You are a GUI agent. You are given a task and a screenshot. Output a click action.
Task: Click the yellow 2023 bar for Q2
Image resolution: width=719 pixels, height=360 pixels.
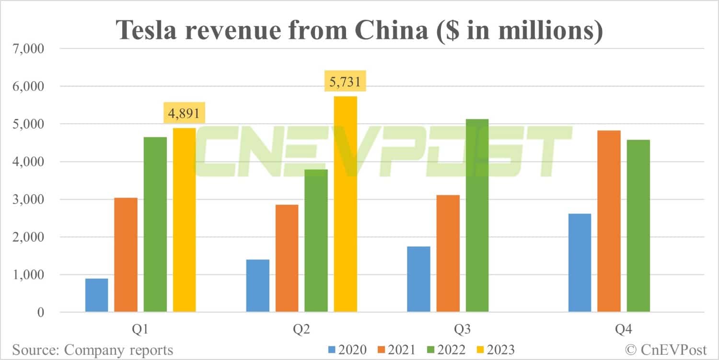[345, 204]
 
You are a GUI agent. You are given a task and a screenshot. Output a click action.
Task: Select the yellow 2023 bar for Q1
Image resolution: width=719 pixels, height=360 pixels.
[184, 220]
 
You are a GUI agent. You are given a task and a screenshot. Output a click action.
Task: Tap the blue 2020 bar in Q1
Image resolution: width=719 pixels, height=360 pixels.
[96, 295]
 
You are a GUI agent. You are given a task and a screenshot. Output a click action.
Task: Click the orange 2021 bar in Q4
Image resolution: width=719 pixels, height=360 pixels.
[609, 221]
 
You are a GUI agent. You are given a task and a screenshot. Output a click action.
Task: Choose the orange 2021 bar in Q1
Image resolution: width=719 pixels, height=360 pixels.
[126, 255]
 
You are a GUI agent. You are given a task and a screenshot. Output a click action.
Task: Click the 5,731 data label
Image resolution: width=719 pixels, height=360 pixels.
[345, 82]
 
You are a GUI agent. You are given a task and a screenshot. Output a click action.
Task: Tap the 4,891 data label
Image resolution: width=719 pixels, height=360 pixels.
[185, 114]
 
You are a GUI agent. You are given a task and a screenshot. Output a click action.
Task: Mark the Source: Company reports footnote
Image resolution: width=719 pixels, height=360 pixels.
[92, 350]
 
